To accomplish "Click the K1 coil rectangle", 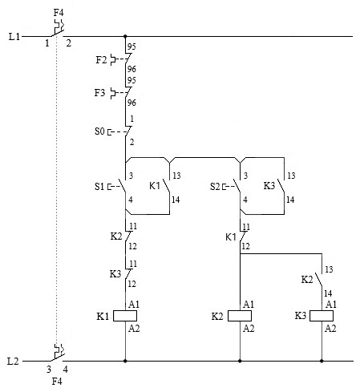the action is tap(125, 316).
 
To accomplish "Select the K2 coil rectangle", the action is tap(240, 316).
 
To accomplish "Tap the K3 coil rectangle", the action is tap(322, 316).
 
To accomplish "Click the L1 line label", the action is tap(14, 36).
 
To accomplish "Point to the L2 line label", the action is tap(13, 362).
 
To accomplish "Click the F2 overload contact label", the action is tap(101, 59).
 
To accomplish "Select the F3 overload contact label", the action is tap(99, 93).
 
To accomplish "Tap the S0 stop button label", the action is tap(99, 131).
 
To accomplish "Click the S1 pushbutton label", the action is tap(99, 186).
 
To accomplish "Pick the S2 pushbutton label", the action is tap(215, 186).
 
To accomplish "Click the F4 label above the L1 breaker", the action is tap(59, 13).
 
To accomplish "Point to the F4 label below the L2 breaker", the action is tap(57, 382).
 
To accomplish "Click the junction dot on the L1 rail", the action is tap(125, 36).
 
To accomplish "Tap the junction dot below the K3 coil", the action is tap(322, 361).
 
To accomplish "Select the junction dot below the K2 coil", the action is tap(240, 361).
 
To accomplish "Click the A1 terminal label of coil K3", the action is tap(331, 305).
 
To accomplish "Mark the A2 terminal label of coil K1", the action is tap(134, 328).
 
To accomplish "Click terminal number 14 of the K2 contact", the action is tap(328, 293).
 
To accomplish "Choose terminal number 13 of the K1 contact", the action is tap(176, 176).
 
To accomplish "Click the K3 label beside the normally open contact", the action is tap(269, 186).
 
